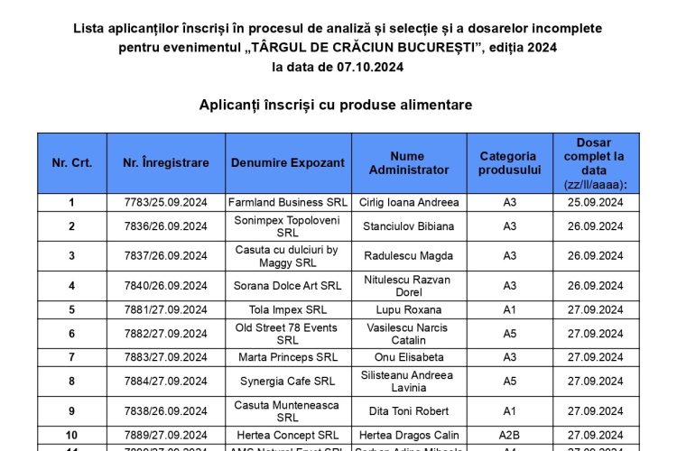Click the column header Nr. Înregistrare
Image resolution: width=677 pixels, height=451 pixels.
coord(166,163)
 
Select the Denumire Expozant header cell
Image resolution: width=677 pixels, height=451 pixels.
coord(287,163)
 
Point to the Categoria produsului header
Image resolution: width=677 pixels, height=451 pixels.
coord(509,163)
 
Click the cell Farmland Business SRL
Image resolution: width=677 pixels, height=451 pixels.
coord(287,202)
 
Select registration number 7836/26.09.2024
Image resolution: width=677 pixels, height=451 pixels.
coord(166,226)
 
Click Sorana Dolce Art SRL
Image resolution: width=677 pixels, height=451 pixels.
coord(287,286)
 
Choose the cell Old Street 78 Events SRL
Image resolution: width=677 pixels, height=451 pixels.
coord(287,334)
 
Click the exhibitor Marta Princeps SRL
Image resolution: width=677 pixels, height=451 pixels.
coord(287,357)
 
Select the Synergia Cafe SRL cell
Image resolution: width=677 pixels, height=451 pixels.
coord(287,382)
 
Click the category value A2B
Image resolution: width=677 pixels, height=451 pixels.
coord(509,435)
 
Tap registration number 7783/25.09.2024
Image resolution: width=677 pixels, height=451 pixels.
coord(166,202)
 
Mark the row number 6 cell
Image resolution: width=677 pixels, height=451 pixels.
coord(71,334)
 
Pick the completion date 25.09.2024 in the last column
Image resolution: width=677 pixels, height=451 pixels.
coord(596,202)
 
